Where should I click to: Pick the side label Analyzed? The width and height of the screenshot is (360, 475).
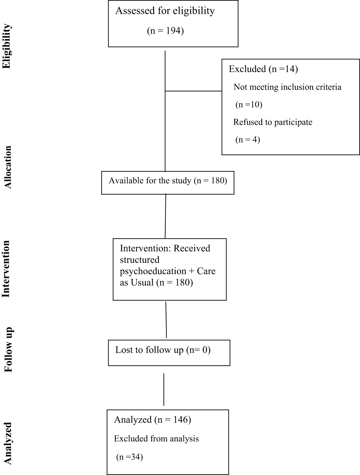8,444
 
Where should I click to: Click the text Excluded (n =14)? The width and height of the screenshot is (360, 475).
263,69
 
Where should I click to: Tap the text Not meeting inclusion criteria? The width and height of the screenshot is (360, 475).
288,87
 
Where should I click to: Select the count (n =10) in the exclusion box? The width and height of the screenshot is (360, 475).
249,105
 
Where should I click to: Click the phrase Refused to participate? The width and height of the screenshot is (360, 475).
273,122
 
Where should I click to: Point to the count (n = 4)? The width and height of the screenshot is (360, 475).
248,140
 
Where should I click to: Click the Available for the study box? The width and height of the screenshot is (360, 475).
168,183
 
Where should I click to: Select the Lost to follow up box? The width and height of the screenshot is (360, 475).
169,353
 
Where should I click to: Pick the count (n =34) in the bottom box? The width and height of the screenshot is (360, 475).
129,457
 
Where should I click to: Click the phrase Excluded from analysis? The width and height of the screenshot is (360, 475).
156,438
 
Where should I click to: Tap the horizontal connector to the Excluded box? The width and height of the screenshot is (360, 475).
194,91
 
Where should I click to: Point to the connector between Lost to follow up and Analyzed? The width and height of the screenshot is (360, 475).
164,390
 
